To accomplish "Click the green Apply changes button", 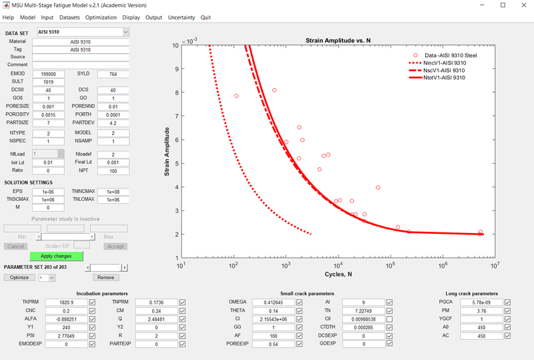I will click(56, 256).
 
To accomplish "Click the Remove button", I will click(105, 277).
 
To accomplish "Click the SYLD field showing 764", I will click(113, 73).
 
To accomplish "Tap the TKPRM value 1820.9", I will click(63, 303).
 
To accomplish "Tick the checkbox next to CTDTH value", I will click(390, 327).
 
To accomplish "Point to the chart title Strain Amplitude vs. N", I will click(338, 41).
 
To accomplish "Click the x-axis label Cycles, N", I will click(338, 275).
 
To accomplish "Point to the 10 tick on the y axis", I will click(175, 45).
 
